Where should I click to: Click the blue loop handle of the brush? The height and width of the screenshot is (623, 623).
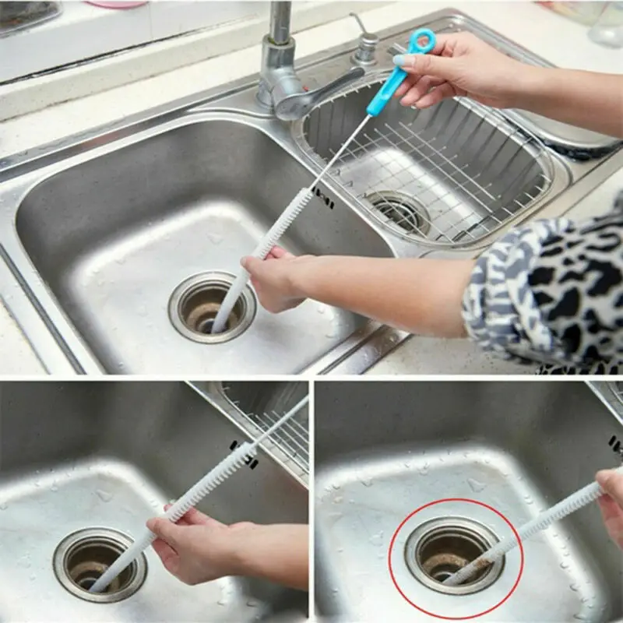(x=421, y=41)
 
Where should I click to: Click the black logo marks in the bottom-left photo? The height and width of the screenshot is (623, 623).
(x=243, y=454)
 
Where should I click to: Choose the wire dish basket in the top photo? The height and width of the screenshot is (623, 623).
(x=436, y=164)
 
